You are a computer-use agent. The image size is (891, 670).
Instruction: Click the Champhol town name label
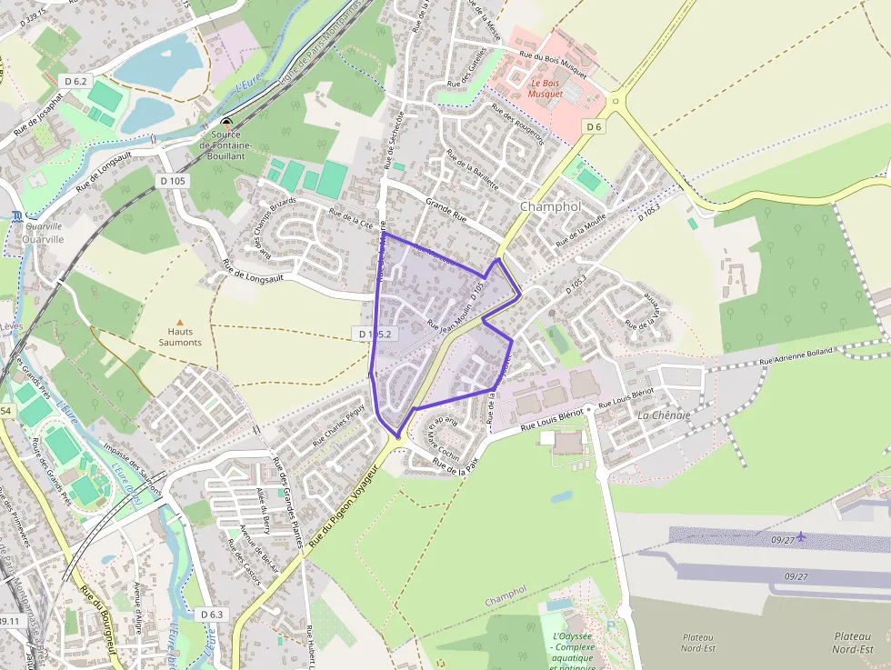pyautogui.click(x=550, y=206)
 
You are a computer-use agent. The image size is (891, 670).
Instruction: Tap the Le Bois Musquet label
pyautogui.click(x=546, y=88)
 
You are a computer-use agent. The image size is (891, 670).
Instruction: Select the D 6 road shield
pyautogui.click(x=595, y=126)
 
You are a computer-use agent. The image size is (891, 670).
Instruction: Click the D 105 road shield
pyautogui.click(x=173, y=181)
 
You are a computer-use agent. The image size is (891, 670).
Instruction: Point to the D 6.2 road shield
pyautogui.click(x=77, y=82)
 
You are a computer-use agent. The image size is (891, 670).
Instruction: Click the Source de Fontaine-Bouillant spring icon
pyautogui.click(x=226, y=122)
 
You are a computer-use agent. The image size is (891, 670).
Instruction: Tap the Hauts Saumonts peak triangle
pyautogui.click(x=179, y=322)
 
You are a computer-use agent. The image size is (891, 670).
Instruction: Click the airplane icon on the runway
pyautogui.click(x=801, y=536)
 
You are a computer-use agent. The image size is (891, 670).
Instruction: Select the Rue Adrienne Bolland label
pyautogui.click(x=796, y=355)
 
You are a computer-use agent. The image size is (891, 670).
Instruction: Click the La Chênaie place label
pyautogui.click(x=664, y=415)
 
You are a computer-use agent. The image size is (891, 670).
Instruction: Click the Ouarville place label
pyautogui.click(x=44, y=239)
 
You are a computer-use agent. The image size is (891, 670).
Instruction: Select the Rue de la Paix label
pyautogui.click(x=456, y=468)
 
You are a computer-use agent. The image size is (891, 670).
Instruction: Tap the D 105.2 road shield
pyautogui.click(x=374, y=334)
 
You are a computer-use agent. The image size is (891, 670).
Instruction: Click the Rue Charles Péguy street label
pyautogui.click(x=337, y=424)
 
